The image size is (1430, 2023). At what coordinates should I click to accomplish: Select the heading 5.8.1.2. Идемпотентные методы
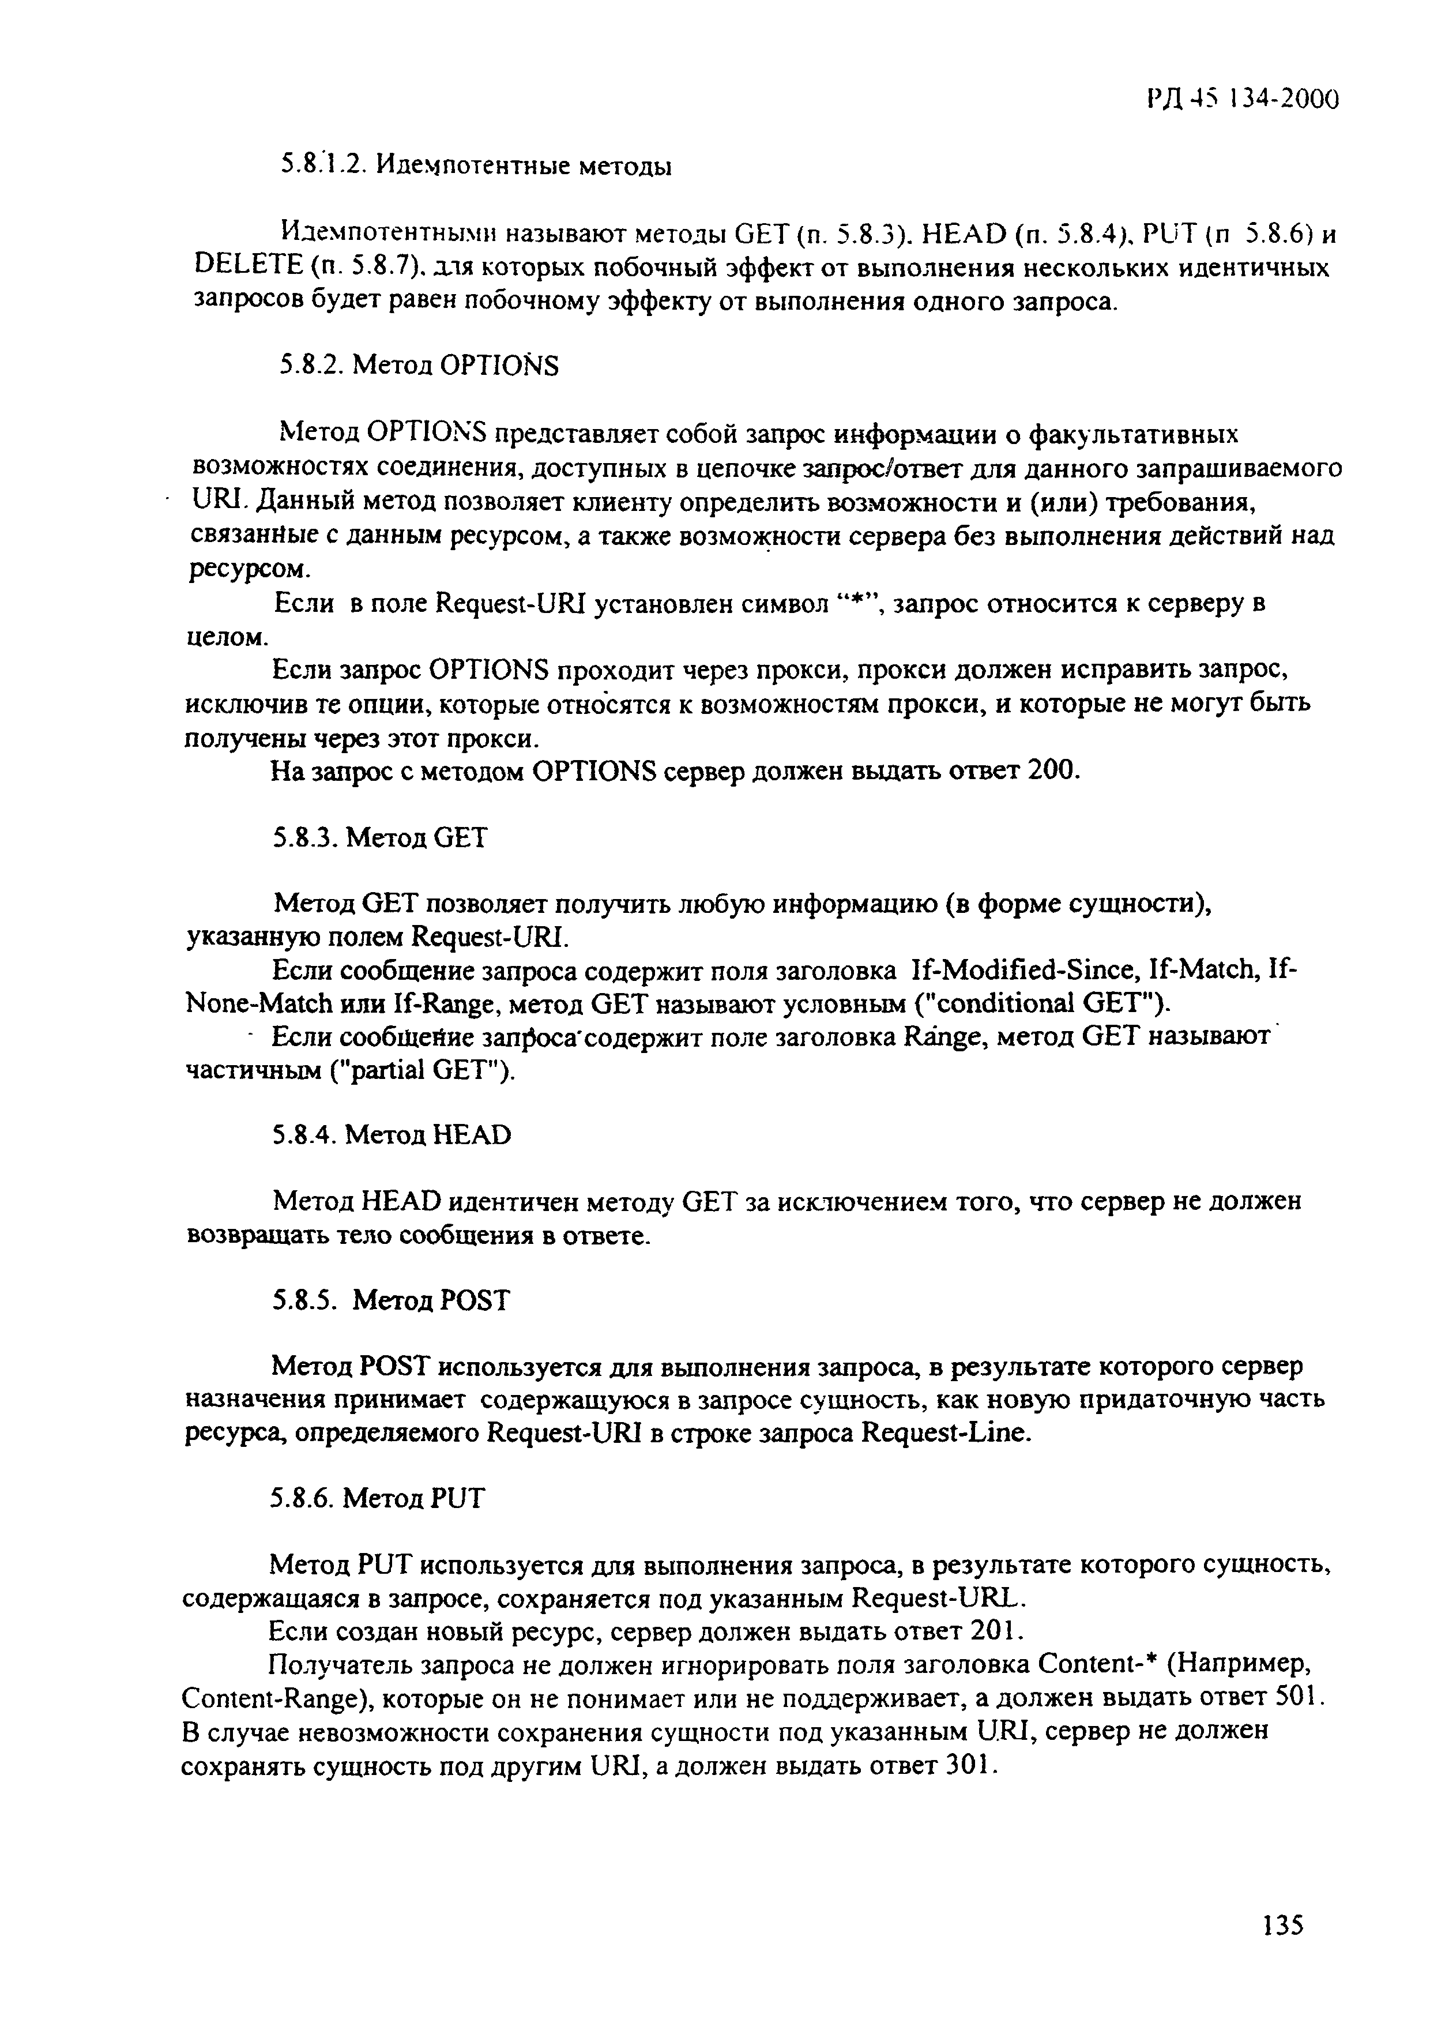point(476,165)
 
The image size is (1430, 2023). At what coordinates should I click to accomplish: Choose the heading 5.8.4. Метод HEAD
point(392,1134)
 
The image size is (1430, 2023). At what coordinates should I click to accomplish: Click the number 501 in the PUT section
point(1299,1696)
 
